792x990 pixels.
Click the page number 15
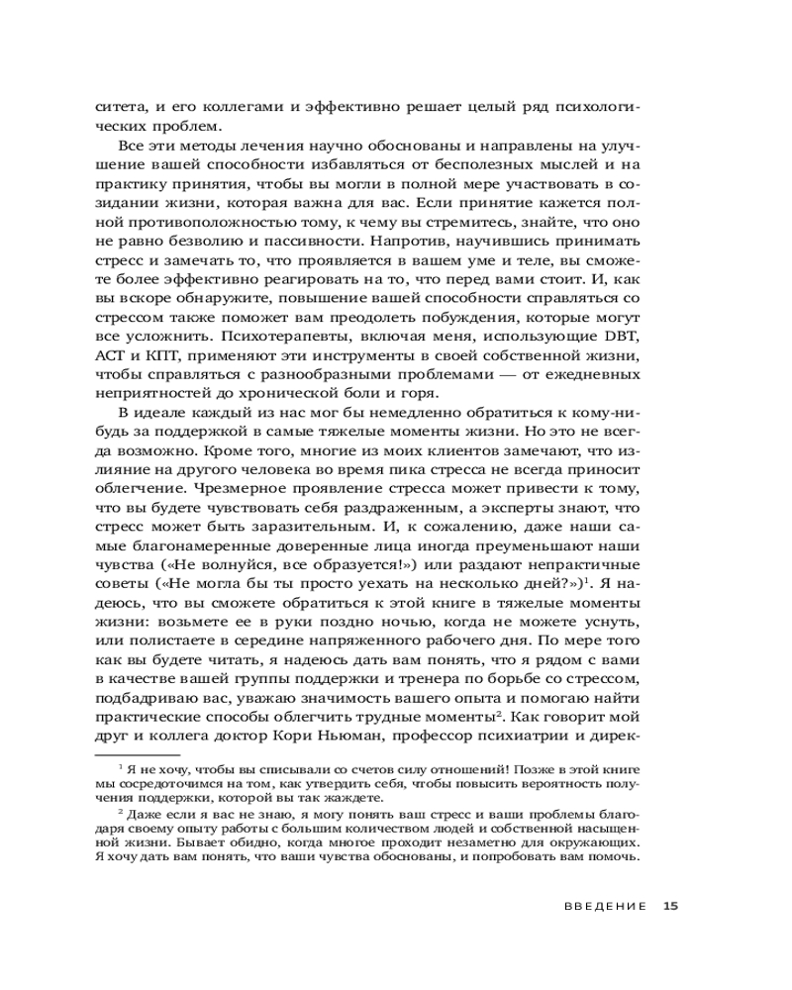(670, 906)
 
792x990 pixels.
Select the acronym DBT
(620, 337)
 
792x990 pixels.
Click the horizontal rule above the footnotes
(137, 754)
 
